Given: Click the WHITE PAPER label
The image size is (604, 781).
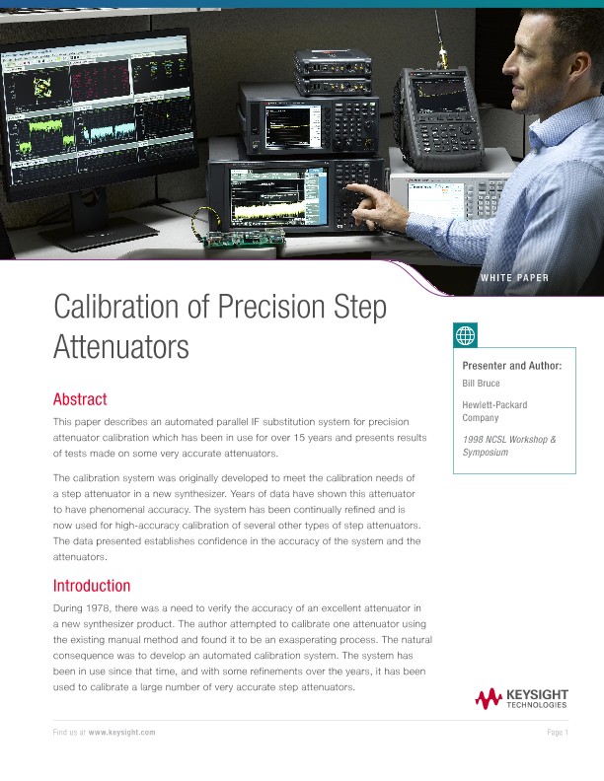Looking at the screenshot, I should pos(514,278).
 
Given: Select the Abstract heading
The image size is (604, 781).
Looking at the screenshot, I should pos(79,399).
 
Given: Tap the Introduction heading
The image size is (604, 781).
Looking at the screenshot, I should pos(91,585).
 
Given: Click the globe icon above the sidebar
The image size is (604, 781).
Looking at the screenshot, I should pos(465,335).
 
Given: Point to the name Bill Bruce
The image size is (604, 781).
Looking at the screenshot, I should pos(482,382).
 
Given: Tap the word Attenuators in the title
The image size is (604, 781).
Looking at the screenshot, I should pos(120,347).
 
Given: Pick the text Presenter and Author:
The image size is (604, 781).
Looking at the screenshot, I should pos(512,366).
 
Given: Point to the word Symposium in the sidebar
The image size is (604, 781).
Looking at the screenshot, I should pos(485,452).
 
